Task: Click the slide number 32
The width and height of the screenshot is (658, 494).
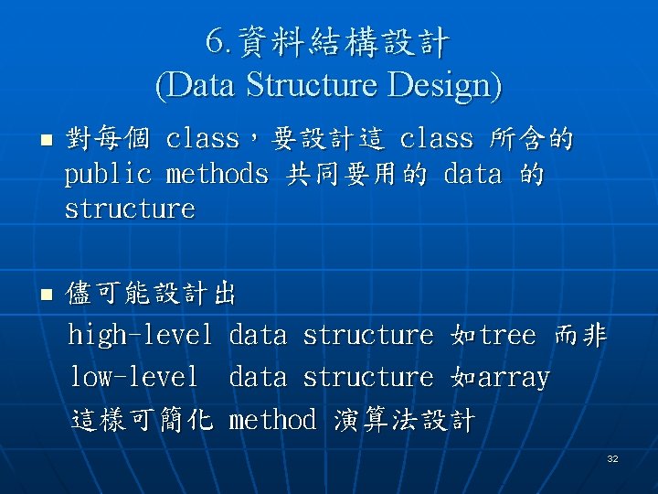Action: tap(612, 458)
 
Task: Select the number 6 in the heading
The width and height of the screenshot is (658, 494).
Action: tap(214, 41)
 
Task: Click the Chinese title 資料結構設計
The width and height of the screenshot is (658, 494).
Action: tap(343, 41)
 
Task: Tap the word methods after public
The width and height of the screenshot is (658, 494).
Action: tap(218, 174)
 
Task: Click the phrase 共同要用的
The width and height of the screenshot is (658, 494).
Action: tap(356, 174)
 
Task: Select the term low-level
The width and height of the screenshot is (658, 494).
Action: tap(133, 377)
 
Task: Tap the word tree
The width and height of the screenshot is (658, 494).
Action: tap(507, 336)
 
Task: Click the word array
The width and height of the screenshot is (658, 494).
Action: tap(514, 377)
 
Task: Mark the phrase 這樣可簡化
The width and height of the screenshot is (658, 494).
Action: tap(141, 420)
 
